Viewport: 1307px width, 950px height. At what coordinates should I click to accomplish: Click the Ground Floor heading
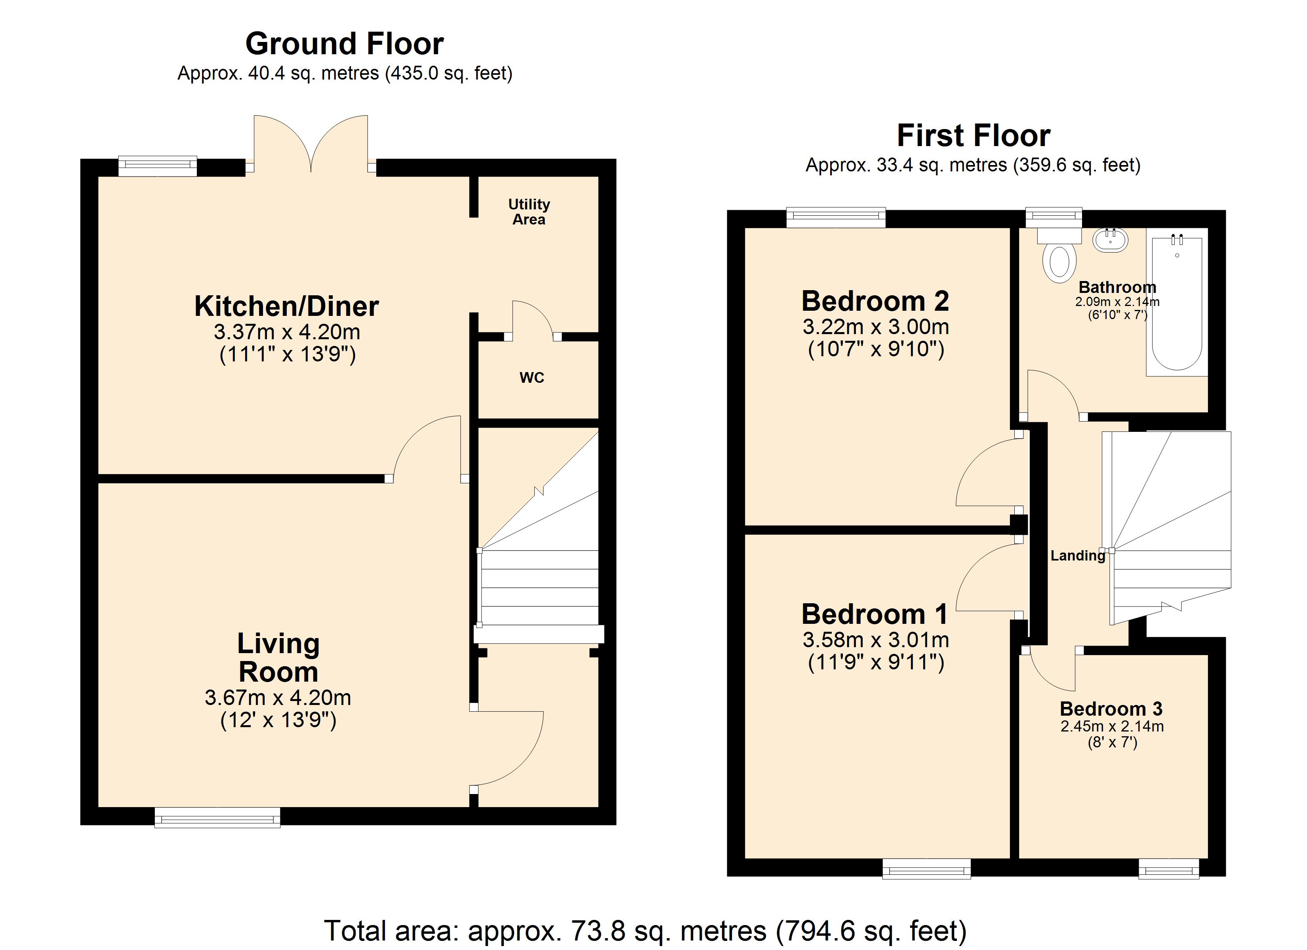click(x=345, y=44)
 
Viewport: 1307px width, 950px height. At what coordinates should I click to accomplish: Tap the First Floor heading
click(x=974, y=136)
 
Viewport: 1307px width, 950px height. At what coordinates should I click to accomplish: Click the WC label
click(x=532, y=378)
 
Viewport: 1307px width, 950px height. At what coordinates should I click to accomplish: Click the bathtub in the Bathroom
click(x=1177, y=302)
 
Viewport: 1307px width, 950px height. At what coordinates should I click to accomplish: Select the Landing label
click(x=1078, y=556)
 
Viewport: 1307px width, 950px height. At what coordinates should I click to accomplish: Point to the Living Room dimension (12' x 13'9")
click(x=278, y=720)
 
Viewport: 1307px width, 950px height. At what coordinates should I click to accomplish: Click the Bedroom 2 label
click(x=875, y=301)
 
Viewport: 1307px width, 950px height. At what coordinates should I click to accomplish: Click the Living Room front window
click(x=217, y=817)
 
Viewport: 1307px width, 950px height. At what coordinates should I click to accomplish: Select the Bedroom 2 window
click(x=836, y=217)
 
